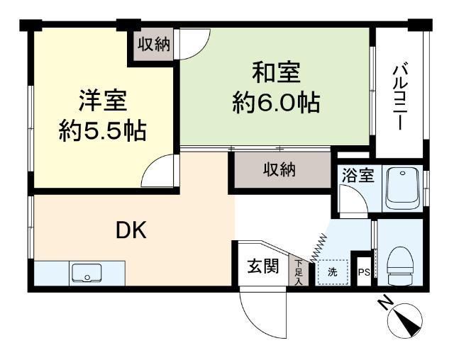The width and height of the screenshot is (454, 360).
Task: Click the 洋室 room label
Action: tap(103, 101)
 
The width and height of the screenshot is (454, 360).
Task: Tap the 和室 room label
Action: tap(276, 72)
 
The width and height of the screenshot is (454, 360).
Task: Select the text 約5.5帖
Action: tap(102, 131)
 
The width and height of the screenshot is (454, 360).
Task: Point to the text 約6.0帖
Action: tap(276, 103)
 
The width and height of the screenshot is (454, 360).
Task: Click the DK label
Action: tap(131, 230)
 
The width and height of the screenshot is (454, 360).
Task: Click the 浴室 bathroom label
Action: tap(358, 175)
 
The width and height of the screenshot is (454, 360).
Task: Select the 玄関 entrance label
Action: tap(263, 266)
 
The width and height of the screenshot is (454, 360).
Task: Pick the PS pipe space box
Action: tap(364, 271)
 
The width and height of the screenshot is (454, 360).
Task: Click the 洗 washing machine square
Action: tap(332, 272)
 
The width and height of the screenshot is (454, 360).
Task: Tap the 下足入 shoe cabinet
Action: tap(298, 271)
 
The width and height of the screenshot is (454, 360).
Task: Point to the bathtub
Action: tap(402, 187)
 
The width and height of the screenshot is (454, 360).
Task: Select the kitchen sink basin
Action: tap(87, 272)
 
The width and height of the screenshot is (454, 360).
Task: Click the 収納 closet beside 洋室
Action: tap(153, 44)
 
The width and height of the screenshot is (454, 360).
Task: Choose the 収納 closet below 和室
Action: tap(279, 169)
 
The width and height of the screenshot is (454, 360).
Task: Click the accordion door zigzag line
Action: tap(319, 248)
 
